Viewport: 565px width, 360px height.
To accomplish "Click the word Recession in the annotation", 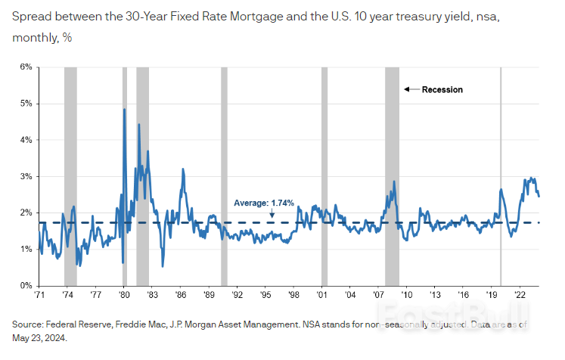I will point(442,89).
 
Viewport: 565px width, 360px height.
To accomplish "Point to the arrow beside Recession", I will point(411,89).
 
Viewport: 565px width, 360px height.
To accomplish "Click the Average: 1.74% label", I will point(264,203).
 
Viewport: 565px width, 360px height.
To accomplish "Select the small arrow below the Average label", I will point(272,214).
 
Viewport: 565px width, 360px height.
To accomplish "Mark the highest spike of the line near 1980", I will point(124,110).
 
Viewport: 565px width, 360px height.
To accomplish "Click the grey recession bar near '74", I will point(70,174).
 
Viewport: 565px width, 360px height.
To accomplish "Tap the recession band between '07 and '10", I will point(391,174).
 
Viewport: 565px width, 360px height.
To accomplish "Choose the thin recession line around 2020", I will point(501,174).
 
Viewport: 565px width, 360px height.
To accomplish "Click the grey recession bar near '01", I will point(324,174).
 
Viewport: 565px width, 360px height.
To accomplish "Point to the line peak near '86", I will point(182,169).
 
